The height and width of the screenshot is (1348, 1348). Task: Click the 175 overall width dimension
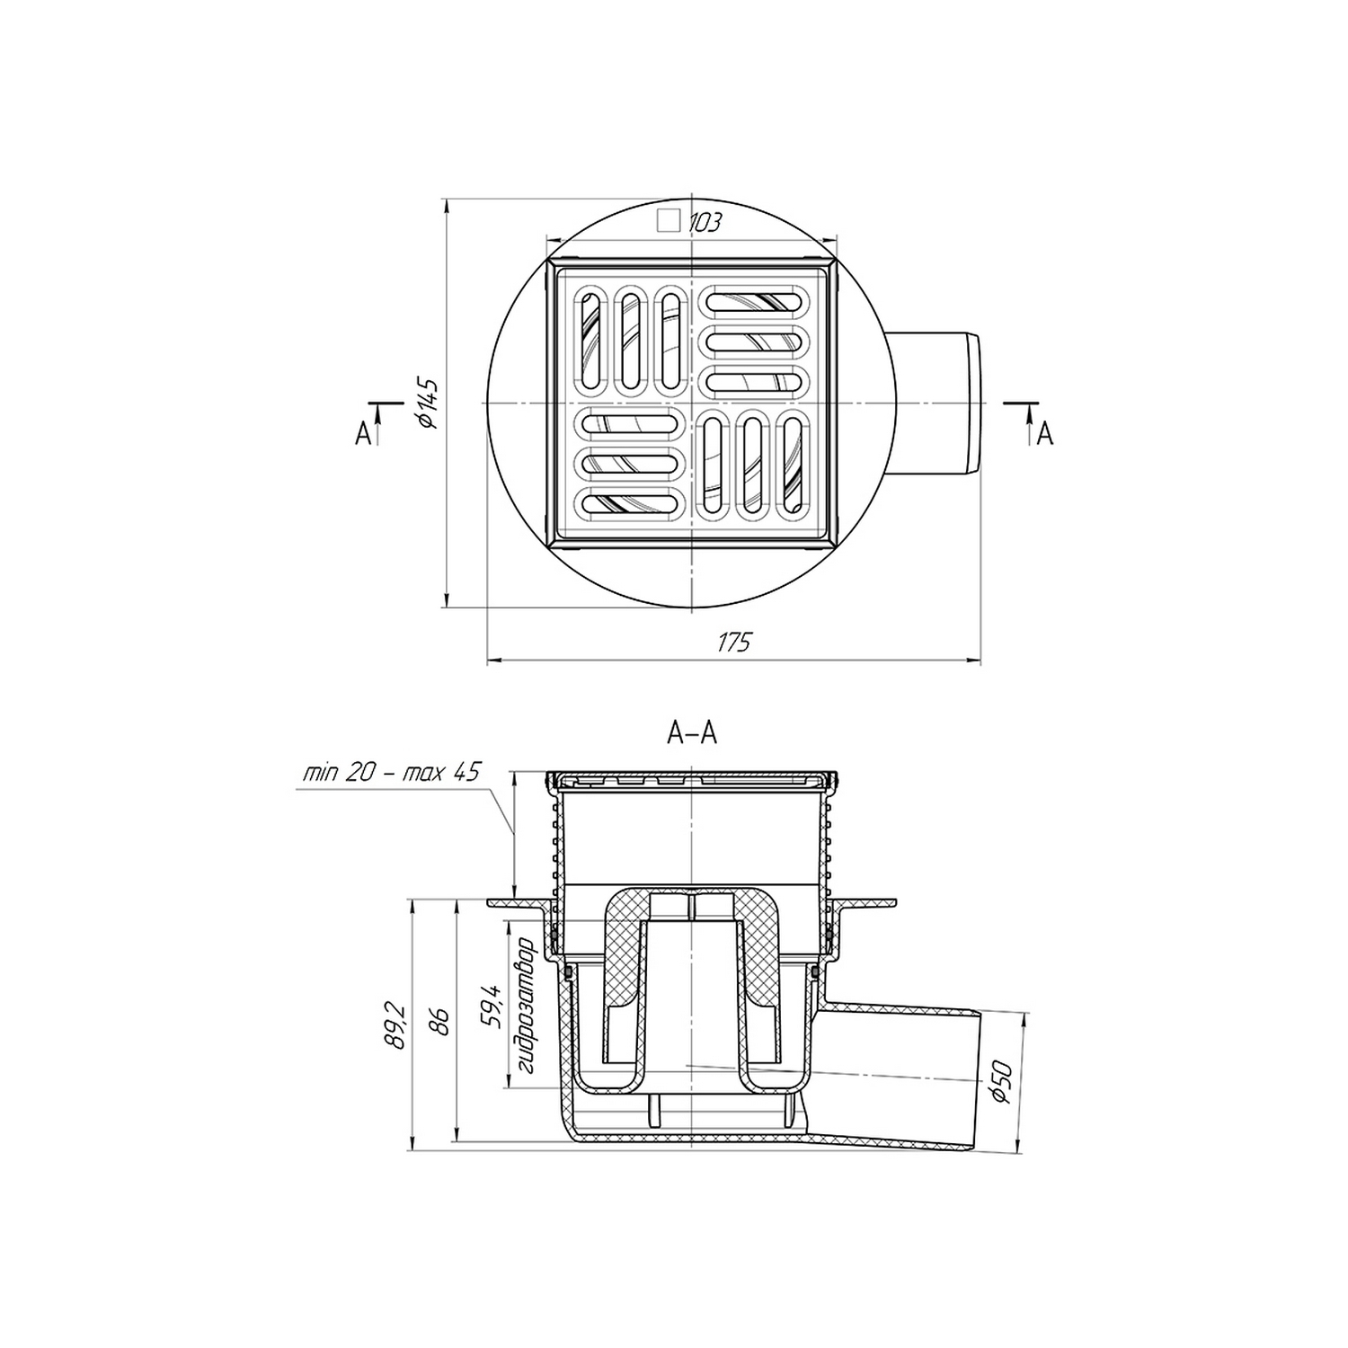(x=733, y=643)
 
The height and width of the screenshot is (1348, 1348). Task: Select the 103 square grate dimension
(x=705, y=222)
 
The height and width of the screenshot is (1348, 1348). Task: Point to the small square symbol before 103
(x=668, y=220)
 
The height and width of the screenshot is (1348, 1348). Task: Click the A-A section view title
(x=692, y=734)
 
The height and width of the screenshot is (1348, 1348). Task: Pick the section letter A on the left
(x=363, y=434)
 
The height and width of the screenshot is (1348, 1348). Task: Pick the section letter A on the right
(x=1044, y=434)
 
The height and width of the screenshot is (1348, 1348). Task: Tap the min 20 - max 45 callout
(x=392, y=772)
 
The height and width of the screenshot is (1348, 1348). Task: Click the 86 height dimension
(x=443, y=1024)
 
